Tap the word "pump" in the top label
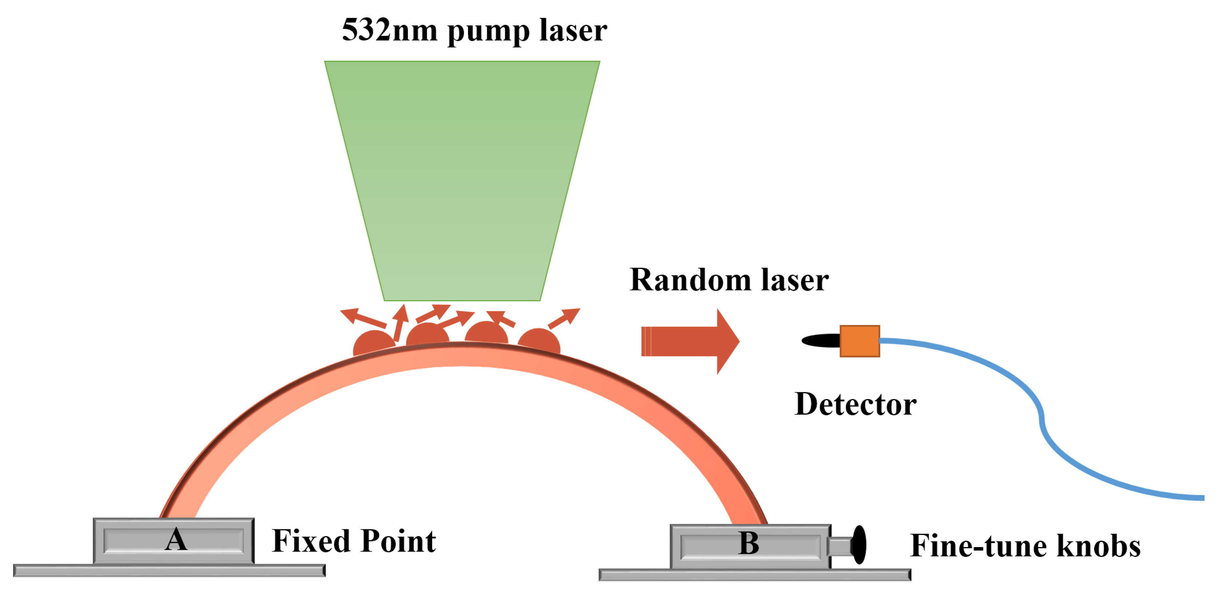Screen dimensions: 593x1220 pos(488,32)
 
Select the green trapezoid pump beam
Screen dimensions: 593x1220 pos(462,180)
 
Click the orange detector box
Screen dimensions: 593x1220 pos(860,341)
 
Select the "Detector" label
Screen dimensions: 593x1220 pos(855,405)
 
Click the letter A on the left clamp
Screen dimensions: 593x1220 pos(176,540)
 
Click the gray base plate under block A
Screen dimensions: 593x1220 pos(169,570)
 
